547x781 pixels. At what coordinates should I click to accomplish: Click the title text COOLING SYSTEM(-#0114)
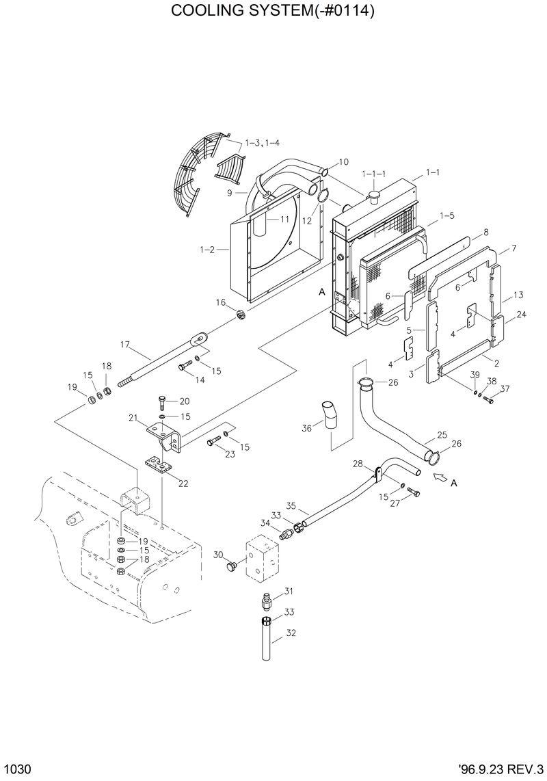tap(273, 12)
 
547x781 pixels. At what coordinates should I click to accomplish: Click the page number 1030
tap(17, 769)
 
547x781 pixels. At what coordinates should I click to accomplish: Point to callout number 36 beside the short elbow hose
tap(307, 428)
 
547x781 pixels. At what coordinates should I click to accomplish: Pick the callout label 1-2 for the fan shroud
tap(207, 250)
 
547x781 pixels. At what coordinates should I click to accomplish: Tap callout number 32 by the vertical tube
tap(291, 633)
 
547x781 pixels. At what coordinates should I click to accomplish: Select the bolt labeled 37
tap(488, 401)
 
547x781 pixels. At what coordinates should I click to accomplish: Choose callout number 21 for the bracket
tap(133, 417)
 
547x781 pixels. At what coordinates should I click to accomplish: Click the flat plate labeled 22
tap(161, 464)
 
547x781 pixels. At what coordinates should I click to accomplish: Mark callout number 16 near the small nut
tap(221, 302)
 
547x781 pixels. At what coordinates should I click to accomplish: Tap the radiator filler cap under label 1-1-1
tap(374, 198)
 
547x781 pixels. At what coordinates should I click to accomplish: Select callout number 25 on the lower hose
tap(442, 435)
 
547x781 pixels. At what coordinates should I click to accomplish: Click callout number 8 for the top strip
tap(486, 233)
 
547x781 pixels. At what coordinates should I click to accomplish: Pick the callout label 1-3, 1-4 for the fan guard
tap(262, 142)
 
